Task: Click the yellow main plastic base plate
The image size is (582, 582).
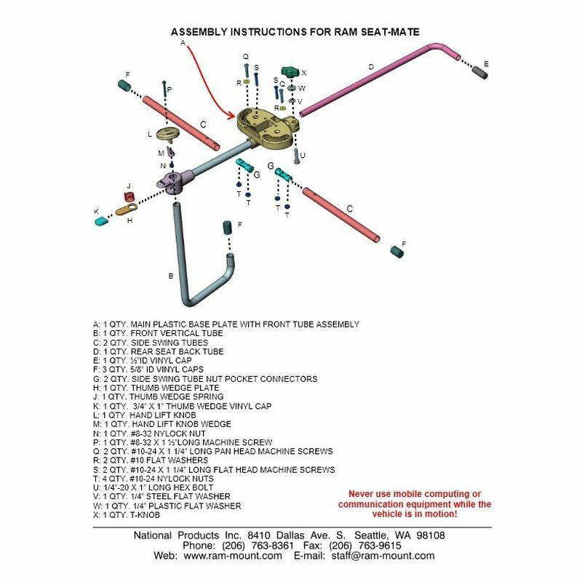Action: click(266, 124)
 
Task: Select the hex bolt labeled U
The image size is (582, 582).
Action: click(296, 155)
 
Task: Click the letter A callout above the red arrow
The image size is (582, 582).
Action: click(183, 43)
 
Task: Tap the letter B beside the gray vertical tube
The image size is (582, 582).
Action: click(170, 276)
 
